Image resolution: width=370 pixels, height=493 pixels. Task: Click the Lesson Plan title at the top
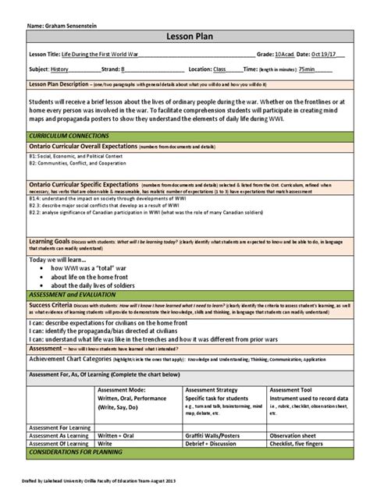click(x=186, y=37)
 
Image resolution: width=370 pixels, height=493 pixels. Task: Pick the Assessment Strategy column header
click(x=215, y=388)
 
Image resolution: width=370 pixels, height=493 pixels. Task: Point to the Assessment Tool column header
click(x=294, y=388)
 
